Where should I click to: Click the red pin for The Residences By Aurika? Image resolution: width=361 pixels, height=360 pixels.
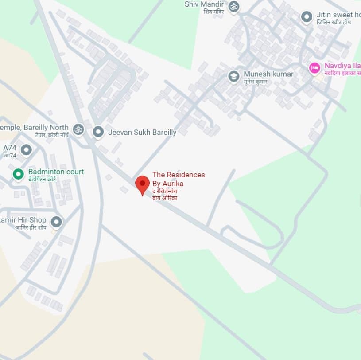[142, 184]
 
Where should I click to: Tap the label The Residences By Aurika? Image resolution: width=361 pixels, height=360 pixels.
[179, 179]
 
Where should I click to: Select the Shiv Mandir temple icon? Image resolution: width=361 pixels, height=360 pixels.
[233, 6]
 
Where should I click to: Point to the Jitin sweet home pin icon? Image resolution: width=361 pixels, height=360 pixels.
[307, 17]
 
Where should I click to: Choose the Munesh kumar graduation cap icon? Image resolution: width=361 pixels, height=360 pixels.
[233, 76]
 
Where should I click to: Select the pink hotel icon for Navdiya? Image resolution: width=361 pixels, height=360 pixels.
[314, 68]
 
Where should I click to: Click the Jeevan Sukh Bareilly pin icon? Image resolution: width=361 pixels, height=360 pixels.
[98, 132]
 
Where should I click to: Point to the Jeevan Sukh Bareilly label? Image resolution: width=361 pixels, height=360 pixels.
[142, 132]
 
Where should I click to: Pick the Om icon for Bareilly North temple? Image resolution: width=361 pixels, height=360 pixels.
[78, 129]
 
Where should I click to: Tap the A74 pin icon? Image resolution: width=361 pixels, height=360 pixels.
[27, 150]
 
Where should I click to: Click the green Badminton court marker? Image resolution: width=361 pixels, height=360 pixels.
[18, 174]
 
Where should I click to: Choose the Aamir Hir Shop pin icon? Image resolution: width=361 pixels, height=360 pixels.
[56, 222]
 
